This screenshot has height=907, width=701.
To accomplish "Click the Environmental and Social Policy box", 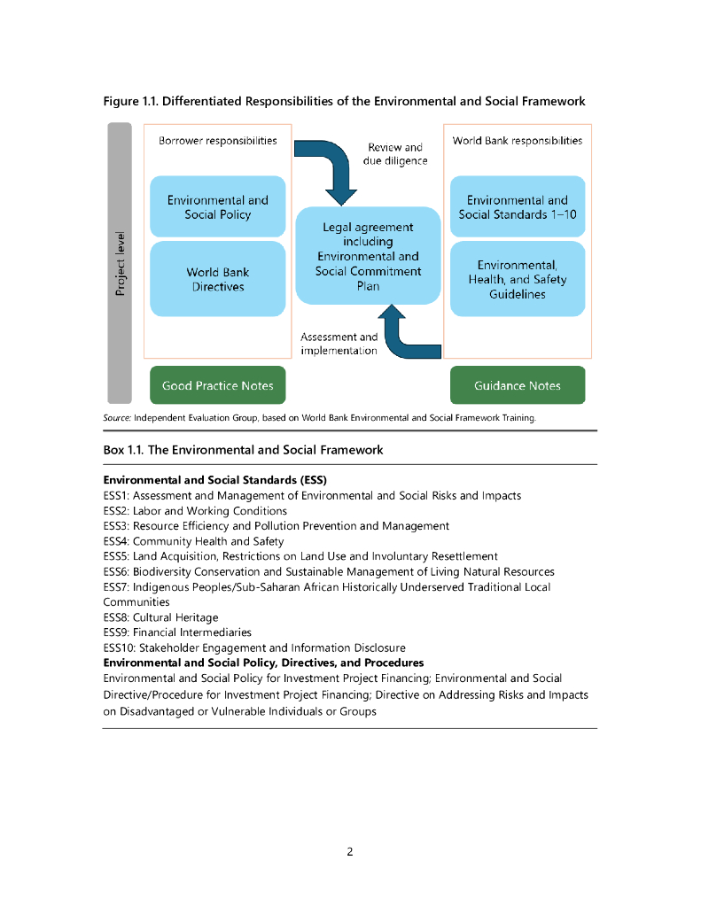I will (217, 207).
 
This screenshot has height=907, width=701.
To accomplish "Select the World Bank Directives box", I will (217, 279).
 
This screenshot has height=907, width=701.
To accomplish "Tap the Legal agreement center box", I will (368, 257).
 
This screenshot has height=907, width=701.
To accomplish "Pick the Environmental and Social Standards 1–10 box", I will (518, 207).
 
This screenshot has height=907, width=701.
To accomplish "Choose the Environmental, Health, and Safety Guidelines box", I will (518, 279).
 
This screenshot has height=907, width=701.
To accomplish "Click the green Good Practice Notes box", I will (217, 385).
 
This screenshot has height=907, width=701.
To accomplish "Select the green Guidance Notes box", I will (518, 385).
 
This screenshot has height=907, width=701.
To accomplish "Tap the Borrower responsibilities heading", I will (217, 141).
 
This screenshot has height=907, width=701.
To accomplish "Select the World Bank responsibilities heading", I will (518, 141).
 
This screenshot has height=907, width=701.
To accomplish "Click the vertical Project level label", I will (120, 264).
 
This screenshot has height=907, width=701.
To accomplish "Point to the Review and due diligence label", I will (395, 154).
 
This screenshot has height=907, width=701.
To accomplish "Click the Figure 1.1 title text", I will (344, 102).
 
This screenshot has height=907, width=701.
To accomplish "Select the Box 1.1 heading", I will (243, 450).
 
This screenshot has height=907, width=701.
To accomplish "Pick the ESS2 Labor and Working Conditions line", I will (195, 511).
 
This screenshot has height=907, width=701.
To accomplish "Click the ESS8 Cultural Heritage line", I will (160, 617).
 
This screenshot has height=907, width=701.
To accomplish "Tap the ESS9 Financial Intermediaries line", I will (177, 632).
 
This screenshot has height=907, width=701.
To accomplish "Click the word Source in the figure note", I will (117, 417).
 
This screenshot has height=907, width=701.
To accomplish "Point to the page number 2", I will (350, 852).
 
